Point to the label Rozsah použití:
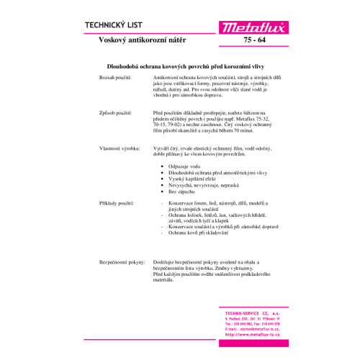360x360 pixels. pos(117,76)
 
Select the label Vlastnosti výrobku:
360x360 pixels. pos(120,148)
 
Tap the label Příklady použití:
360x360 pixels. pos(117,204)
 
